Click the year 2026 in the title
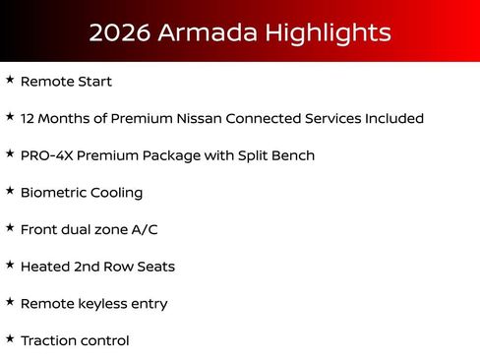pos(119,32)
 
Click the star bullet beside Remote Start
pos(10,79)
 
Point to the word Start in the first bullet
pos(94,82)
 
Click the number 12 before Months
pos(29,118)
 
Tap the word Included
pos(390,118)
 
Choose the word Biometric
pos(51,193)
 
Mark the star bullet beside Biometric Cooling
pos(10,190)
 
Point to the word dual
pos(83,229)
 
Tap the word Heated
pos(45,267)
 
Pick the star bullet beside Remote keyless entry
pos(10,301)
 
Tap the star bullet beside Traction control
pos(10,338)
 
